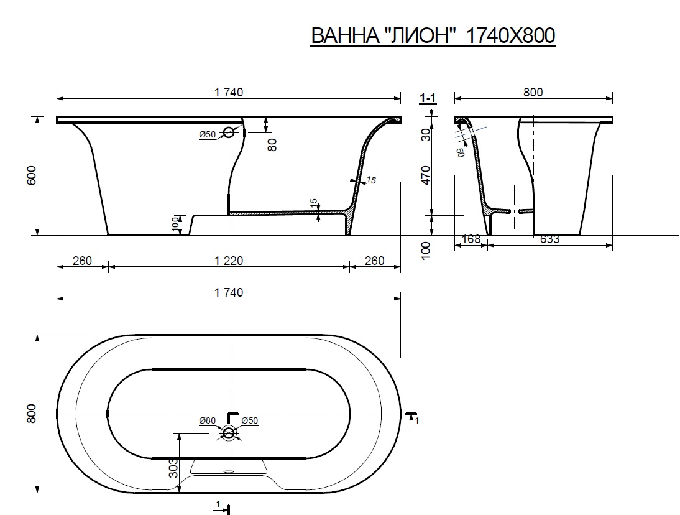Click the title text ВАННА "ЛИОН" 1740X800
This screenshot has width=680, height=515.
433,35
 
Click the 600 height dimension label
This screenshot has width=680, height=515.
32,175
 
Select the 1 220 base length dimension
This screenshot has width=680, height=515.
229,261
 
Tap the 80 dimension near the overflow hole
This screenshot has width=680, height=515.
272,144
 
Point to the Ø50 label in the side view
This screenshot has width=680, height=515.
208,134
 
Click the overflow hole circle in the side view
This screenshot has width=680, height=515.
229,132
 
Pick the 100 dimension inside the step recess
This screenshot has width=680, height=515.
175,224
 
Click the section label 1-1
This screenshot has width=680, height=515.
428,98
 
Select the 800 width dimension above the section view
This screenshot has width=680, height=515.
533,93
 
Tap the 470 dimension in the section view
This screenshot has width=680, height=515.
427,175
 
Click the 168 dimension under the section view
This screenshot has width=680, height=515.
471,239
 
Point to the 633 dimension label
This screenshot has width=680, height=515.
550,239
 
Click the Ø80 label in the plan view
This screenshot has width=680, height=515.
208,420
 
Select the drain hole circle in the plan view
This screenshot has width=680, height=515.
229,433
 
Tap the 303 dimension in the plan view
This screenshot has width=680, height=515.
173,468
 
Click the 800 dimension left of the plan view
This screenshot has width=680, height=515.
31,414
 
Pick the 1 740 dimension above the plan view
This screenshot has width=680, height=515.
229,292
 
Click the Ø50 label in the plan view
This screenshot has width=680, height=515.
250,420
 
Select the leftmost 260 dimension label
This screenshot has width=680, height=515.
83,261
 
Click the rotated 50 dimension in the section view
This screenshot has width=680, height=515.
460,152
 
